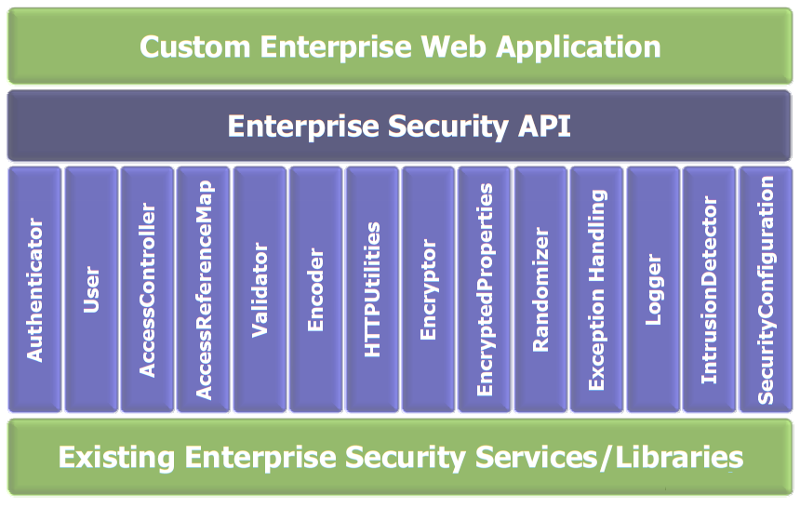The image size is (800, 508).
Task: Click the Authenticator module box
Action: (35, 289)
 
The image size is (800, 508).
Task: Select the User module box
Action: (91, 289)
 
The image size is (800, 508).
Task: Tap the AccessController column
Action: (147, 289)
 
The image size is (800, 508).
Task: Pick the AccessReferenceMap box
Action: (204, 289)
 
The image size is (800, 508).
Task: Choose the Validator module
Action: (260, 289)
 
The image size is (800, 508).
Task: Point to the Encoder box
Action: (316, 289)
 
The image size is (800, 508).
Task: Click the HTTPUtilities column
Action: (372, 289)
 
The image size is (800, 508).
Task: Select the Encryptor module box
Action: (428, 289)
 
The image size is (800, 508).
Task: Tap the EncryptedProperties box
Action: (485, 289)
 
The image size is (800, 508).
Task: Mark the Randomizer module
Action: (540, 289)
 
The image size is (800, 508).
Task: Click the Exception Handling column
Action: (597, 289)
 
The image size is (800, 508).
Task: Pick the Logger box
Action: (653, 289)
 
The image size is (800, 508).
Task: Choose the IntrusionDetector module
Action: (710, 289)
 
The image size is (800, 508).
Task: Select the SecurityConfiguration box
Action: (766, 289)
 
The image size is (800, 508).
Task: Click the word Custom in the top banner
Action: (192, 47)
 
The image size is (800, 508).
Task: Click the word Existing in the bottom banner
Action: (115, 458)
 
